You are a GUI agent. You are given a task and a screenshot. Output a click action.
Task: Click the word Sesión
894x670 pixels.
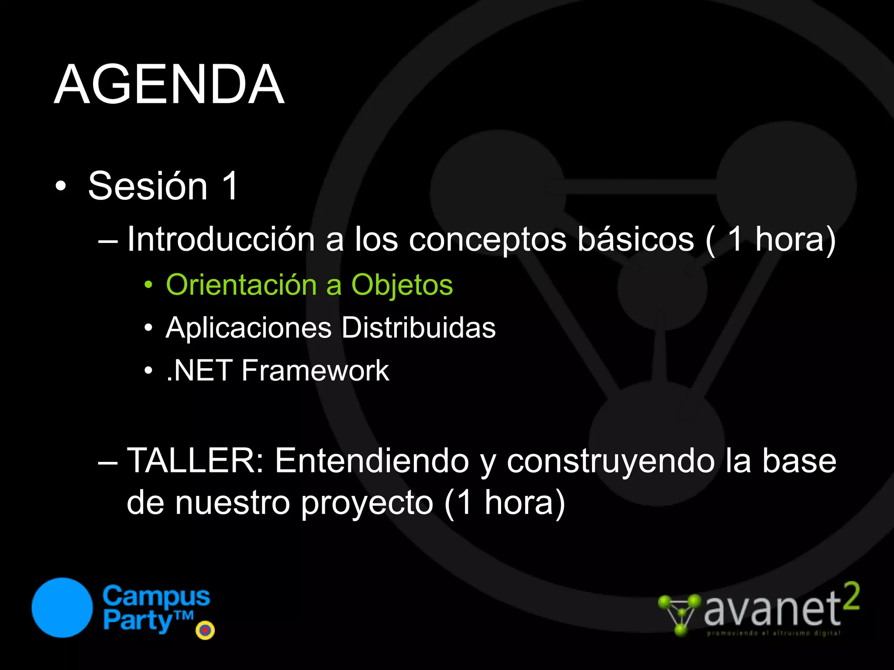(148, 186)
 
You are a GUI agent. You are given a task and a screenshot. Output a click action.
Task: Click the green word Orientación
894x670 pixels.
(241, 285)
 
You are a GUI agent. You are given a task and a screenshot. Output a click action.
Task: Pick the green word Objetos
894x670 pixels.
(402, 286)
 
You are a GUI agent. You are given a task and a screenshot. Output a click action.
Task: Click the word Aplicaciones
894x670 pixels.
(248, 328)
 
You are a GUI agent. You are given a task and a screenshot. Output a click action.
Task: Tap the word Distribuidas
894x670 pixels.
(418, 328)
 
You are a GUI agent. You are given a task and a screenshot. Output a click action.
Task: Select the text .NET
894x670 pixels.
(199, 371)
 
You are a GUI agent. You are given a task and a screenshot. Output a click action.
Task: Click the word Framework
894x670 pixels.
(315, 371)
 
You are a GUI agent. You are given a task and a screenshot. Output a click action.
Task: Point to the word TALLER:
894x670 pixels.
(195, 461)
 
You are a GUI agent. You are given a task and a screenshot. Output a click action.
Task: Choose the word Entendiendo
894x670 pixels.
(372, 461)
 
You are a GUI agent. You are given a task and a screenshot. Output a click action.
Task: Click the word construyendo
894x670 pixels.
(610, 461)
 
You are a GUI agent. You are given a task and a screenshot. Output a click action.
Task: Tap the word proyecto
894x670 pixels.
(367, 503)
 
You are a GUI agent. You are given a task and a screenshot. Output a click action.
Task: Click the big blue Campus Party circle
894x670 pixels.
(62, 608)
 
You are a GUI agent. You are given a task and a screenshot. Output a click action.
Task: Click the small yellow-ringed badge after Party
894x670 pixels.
(205, 630)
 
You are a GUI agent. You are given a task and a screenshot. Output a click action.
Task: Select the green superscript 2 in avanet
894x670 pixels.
(851, 596)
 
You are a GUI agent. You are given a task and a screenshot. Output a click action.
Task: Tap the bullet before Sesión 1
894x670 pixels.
(61, 187)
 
